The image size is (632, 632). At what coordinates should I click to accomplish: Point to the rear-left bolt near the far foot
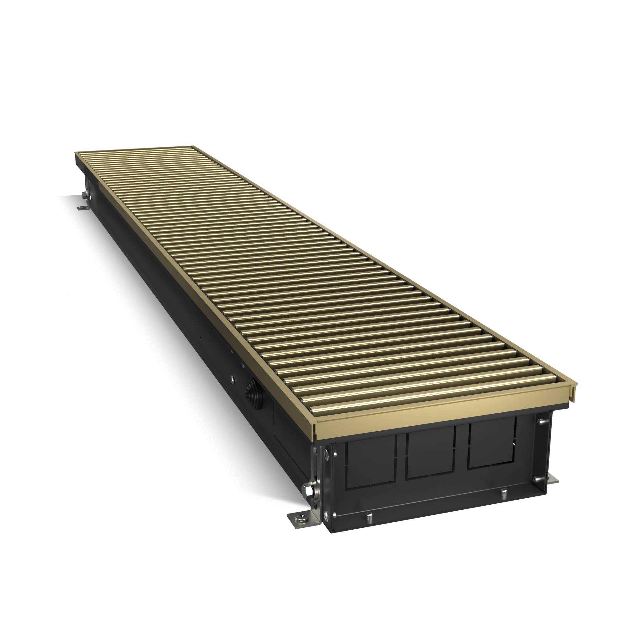click(x=85, y=195)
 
